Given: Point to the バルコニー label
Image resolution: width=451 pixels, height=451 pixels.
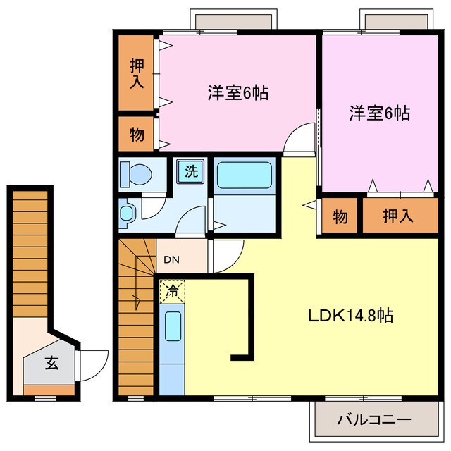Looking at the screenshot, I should click(373, 420).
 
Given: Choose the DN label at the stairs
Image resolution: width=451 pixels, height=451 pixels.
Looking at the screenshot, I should click(172, 259).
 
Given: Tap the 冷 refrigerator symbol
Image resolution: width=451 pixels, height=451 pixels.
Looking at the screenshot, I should click(172, 290).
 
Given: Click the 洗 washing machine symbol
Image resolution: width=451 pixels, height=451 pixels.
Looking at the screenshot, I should click(191, 171).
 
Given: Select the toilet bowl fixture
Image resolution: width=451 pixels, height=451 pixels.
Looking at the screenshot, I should click(136, 172).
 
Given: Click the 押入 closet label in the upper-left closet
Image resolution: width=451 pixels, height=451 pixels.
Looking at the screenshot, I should click(137, 73).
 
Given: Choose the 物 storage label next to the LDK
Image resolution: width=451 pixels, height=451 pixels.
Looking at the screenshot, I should click(340, 216).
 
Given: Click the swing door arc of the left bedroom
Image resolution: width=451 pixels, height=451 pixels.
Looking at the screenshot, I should click(299, 137).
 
